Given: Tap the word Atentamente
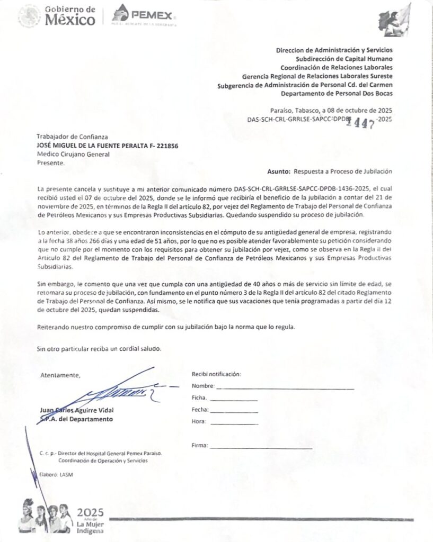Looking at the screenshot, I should (60, 376).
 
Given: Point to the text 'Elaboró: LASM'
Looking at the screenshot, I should (56, 474).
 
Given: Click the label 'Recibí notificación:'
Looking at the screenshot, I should (216, 374).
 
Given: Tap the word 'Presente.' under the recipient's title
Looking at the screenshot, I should (50, 163).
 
